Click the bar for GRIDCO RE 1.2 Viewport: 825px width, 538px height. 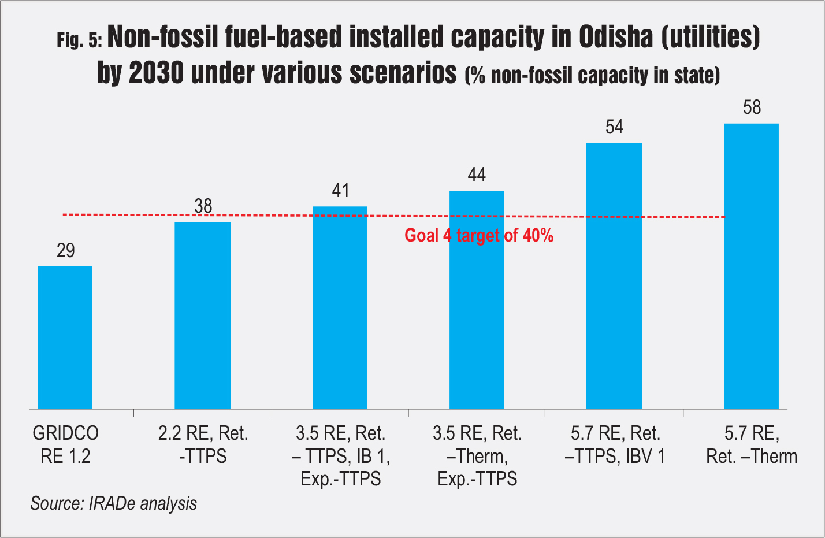(65, 337)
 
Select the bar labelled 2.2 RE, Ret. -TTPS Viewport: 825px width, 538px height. (203, 315)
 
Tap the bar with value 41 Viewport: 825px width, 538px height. (340, 307)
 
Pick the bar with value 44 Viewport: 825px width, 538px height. (477, 300)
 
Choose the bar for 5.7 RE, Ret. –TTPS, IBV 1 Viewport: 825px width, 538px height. (614, 276)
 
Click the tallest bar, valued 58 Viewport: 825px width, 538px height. (752, 266)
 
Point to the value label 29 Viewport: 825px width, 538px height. (66, 250)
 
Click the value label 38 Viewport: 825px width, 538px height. (203, 206)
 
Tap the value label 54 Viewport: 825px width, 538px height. (615, 127)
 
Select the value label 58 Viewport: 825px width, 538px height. (752, 107)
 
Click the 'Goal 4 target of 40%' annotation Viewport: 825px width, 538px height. (479, 235)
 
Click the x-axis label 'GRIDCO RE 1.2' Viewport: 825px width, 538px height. (65, 444)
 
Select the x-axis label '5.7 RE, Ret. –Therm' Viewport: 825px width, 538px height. (752, 444)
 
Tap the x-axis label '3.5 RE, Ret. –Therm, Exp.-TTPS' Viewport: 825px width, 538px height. (477, 456)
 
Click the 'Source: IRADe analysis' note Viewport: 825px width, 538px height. (114, 503)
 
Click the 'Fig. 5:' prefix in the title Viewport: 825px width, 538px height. (80, 40)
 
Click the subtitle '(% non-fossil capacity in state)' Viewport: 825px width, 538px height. (592, 75)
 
